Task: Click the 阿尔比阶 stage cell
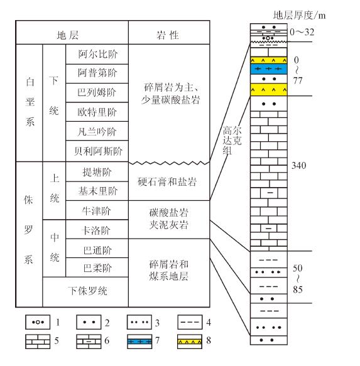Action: click(97, 54)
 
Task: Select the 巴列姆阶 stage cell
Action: click(97, 92)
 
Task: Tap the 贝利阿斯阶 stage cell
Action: click(97, 151)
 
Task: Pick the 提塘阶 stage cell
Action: click(97, 171)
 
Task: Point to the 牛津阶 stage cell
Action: click(97, 210)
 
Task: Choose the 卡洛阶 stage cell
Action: click(97, 229)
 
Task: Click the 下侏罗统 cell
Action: click(85, 292)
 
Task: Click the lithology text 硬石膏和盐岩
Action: click(167, 182)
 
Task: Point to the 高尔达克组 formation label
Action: click(232, 140)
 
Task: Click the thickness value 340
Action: click(298, 166)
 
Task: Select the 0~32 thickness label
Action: click(302, 32)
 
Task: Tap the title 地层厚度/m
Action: click(299, 16)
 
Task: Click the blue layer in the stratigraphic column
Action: click(269, 69)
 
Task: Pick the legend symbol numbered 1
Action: click(38, 322)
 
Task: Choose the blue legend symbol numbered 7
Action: click(139, 342)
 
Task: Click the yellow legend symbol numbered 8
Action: click(190, 342)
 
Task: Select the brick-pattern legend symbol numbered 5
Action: click(38, 342)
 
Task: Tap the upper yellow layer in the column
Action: click(269, 60)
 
